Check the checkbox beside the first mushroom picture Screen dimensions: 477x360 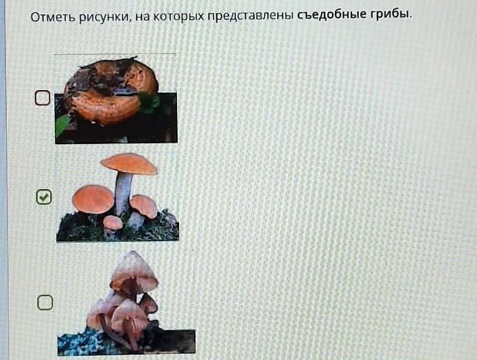click(43, 98)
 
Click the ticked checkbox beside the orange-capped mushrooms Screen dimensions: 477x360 click(44, 197)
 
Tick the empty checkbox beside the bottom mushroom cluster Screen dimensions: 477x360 click(45, 302)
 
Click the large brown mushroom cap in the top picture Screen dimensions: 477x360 click(111, 91)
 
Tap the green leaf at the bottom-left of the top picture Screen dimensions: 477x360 click(62, 125)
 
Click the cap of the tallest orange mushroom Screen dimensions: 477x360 click(128, 164)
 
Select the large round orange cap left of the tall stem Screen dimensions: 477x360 click(93, 199)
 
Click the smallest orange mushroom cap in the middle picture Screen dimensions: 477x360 click(113, 223)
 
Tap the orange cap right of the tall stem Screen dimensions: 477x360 click(143, 205)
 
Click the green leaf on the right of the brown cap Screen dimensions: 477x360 click(149, 102)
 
